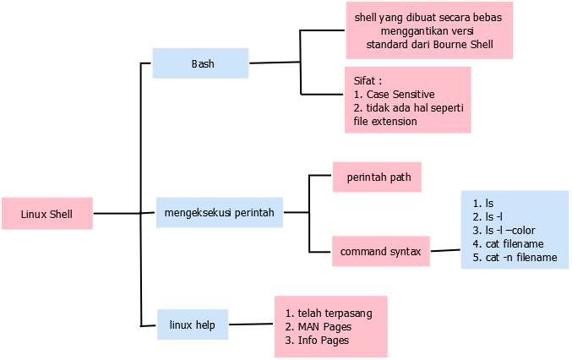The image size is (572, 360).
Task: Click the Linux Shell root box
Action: tap(46, 214)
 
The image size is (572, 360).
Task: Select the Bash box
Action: tap(201, 63)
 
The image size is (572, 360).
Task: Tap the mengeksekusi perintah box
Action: tap(220, 211)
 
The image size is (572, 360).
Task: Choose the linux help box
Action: tap(193, 325)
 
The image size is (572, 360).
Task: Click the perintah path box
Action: tap(378, 177)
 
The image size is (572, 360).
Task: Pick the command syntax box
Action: tap(380, 251)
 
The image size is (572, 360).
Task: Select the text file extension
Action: tap(385, 121)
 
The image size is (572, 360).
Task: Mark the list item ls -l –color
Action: tap(509, 230)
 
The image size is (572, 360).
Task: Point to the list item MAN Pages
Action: tap(324, 326)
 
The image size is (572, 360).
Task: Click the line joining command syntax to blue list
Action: tap(445, 250)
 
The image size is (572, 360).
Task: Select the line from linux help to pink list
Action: tap(251, 325)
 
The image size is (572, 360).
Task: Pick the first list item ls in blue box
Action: tap(488, 203)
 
